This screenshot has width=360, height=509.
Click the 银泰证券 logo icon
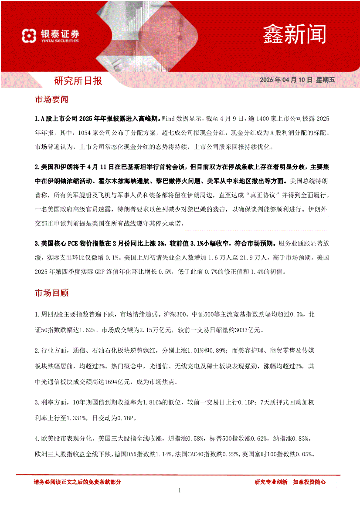click(29, 35)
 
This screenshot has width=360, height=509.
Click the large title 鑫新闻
click(294, 34)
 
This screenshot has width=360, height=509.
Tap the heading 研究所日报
click(78, 81)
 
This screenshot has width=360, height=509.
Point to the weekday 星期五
click(325, 80)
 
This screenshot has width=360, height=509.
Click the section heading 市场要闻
click(51, 100)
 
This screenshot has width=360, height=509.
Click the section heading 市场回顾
click(51, 293)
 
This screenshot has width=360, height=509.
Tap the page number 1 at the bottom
click(179, 491)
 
